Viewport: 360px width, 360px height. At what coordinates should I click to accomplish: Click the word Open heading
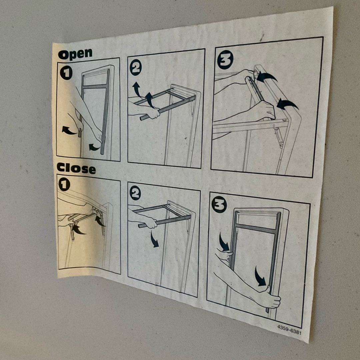(x=75, y=54)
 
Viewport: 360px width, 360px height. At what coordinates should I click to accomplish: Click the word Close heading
(x=76, y=168)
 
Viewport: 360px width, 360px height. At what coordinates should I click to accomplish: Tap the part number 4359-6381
(x=289, y=329)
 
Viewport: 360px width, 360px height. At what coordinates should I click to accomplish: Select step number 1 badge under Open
(x=66, y=73)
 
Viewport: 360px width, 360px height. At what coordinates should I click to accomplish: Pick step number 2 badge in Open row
(x=135, y=67)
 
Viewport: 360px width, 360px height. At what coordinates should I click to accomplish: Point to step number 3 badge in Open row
(x=225, y=60)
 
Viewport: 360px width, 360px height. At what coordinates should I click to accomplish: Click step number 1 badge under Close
(x=64, y=185)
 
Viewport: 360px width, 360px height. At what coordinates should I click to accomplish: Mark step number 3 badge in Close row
(x=219, y=204)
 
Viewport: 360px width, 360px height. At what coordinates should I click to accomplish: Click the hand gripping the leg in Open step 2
(x=153, y=113)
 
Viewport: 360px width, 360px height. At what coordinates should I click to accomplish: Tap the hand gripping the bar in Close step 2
(x=150, y=222)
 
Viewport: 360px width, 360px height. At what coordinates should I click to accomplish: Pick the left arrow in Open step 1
(x=69, y=130)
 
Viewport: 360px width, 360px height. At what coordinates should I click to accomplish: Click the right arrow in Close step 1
(x=100, y=220)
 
